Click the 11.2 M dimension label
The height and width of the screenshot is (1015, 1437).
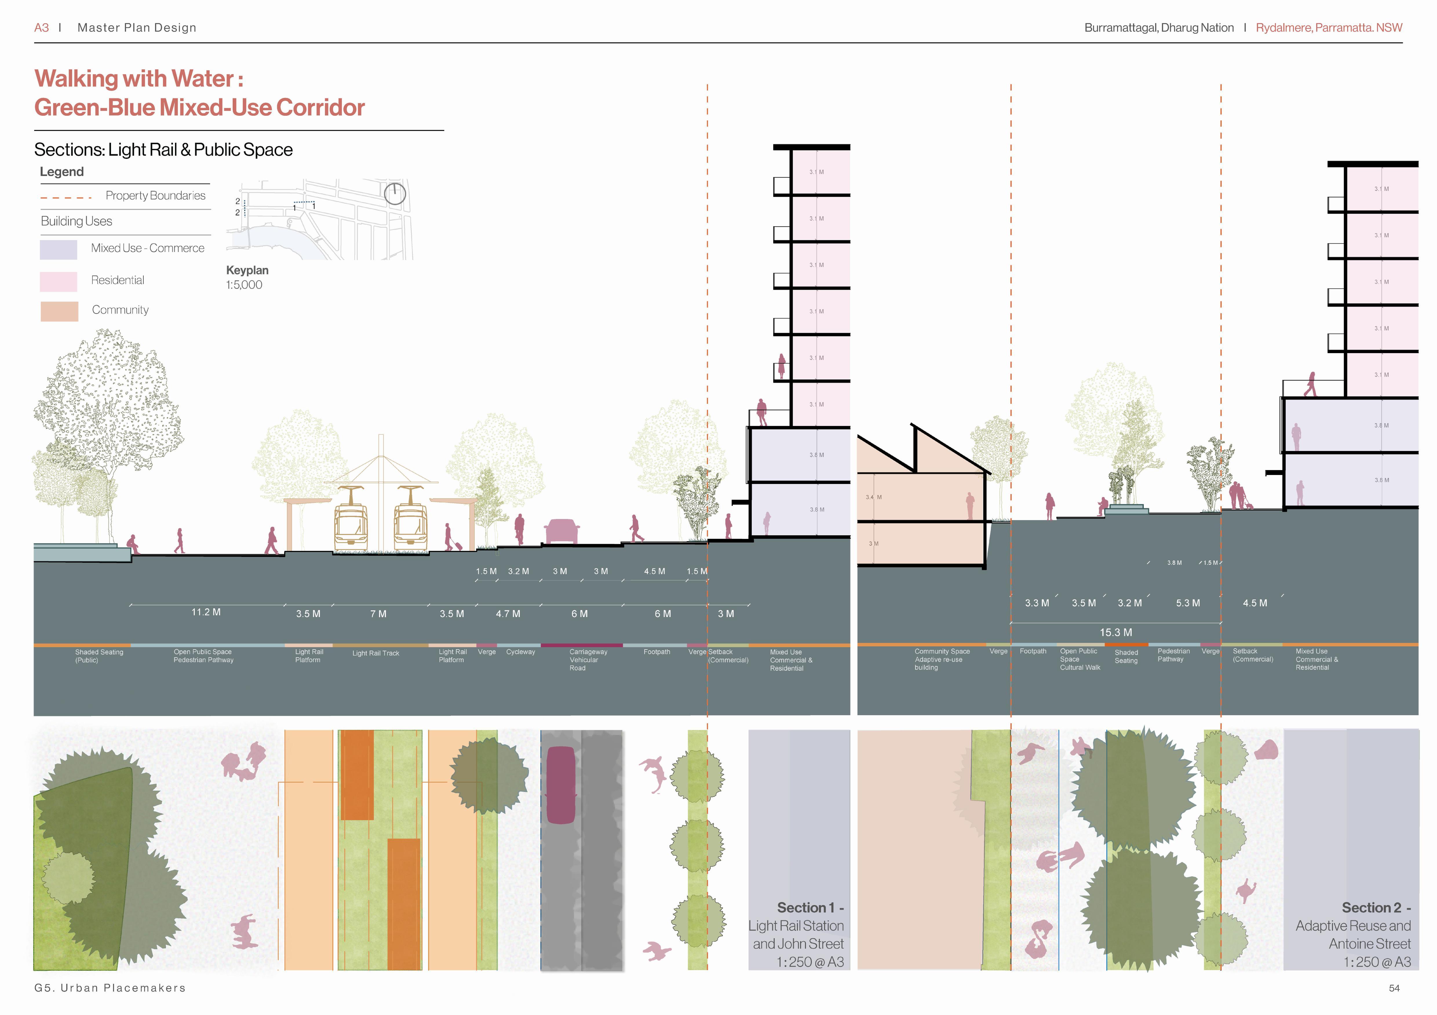206,612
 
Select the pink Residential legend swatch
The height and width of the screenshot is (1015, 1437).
58,281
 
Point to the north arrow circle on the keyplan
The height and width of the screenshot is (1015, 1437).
395,194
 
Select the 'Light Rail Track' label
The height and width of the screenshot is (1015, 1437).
375,654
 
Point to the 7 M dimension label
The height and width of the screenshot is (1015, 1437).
378,614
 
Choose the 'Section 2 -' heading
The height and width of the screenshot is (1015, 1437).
1376,907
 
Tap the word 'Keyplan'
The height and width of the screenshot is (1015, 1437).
247,270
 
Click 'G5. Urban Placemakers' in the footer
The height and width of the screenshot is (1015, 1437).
110,988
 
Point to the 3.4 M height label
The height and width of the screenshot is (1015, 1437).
874,497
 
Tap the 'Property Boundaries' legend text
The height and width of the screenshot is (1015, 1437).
155,196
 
